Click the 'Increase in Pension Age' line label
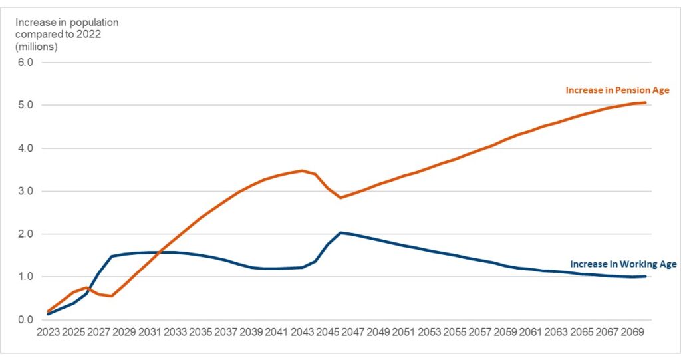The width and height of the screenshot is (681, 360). coord(617,90)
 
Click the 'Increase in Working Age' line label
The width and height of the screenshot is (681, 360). coord(623,264)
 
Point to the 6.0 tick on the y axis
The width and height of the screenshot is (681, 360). coord(33,63)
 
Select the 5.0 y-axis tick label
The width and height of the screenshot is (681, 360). coord(33,105)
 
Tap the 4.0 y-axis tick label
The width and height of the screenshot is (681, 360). coord(33,148)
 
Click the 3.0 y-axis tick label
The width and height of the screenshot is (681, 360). coord(33,191)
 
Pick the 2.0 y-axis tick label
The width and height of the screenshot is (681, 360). coord(33,234)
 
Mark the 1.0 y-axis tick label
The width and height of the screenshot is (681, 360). coord(33,277)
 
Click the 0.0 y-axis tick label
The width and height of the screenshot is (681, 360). coord(33,320)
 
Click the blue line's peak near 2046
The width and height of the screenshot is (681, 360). coord(340,232)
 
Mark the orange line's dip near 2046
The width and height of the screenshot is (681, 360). coord(340,198)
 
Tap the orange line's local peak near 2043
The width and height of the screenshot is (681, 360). coord(303,171)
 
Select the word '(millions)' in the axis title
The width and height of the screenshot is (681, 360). coord(37,47)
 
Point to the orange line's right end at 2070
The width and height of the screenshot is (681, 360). coord(645,102)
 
